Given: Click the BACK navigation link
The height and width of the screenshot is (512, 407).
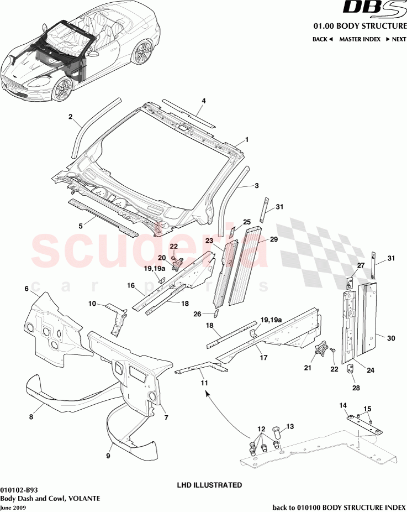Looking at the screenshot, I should [323, 39].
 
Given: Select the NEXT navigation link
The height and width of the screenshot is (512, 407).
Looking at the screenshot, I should [395, 39].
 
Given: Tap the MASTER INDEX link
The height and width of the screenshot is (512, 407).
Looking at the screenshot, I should [360, 39].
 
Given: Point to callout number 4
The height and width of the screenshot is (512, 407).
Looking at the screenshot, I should [204, 101].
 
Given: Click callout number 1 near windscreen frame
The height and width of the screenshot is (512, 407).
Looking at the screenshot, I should [247, 140].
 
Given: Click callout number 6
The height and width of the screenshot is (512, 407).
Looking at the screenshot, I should [26, 289].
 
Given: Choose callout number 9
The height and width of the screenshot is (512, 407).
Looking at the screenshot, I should [108, 456].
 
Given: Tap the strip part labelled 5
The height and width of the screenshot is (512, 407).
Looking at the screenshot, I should [102, 216].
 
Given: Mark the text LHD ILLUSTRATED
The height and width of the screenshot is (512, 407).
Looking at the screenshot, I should [209, 485].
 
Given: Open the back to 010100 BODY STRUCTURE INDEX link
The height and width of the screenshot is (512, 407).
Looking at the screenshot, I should [340, 507].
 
